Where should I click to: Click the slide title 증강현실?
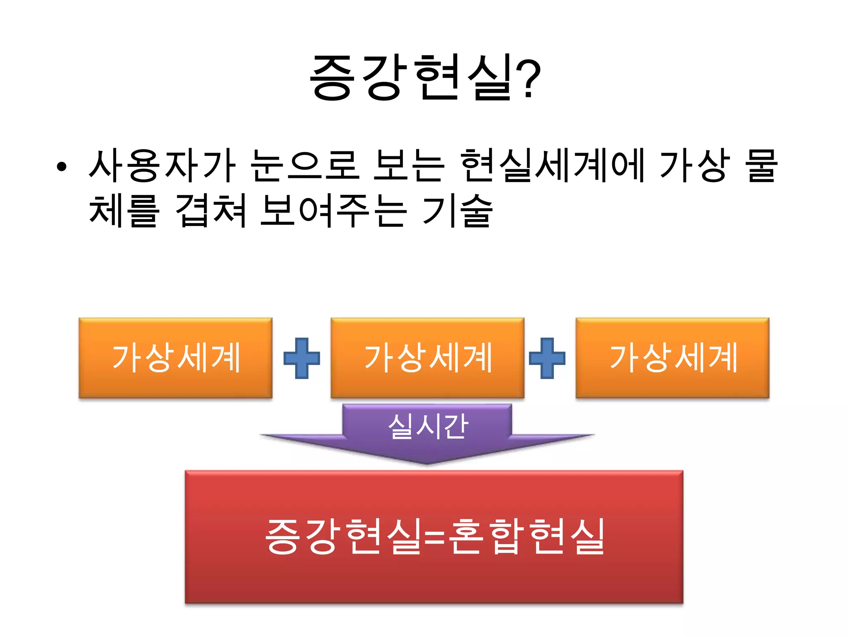(x=424, y=78)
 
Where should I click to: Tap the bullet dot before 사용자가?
(x=62, y=167)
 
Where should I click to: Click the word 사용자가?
(x=162, y=166)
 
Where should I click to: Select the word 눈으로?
(x=305, y=166)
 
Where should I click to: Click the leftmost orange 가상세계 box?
(x=175, y=358)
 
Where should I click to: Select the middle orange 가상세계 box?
(x=427, y=358)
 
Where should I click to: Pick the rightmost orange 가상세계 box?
(x=672, y=358)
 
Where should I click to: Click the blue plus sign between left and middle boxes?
(x=302, y=358)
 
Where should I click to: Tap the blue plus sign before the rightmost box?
(x=547, y=358)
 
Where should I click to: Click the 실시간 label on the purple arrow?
(x=428, y=426)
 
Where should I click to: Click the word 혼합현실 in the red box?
(x=526, y=537)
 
